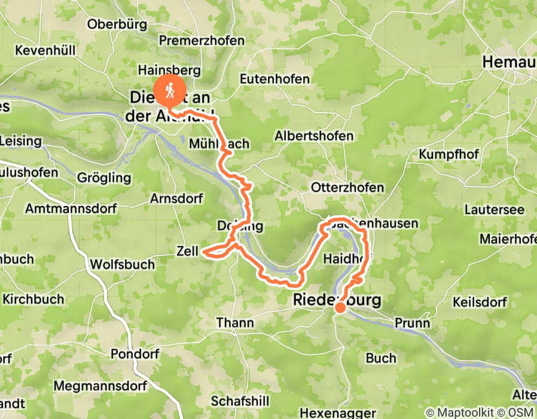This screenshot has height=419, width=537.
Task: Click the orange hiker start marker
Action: click(169, 90)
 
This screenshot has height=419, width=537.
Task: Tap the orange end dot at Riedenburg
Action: click(340, 308)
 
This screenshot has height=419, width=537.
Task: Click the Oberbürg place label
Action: click(117, 24)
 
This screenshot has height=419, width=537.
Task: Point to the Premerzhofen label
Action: click(202, 41)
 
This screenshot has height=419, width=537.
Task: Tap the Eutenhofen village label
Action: click(274, 79)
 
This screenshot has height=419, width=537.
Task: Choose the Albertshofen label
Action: click(314, 136)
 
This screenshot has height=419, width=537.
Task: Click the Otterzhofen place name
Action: click(347, 187)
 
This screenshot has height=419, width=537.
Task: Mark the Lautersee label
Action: click(495, 210)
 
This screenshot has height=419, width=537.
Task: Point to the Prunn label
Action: click(412, 323)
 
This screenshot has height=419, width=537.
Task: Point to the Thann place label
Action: click(234, 323)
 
